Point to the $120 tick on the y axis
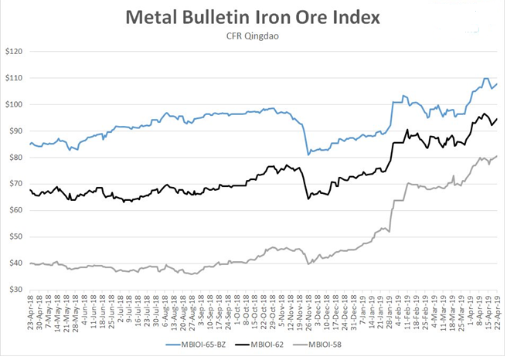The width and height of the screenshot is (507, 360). (14, 52)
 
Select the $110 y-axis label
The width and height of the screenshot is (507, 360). (14, 78)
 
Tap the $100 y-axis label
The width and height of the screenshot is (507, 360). (14, 104)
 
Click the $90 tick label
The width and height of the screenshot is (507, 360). (15, 131)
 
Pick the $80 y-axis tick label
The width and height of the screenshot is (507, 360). (15, 158)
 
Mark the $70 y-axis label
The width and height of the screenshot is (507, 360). (15, 184)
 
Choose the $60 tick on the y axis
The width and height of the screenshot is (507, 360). (15, 210)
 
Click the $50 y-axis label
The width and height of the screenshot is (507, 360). (15, 236)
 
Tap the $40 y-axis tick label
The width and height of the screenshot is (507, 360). (15, 263)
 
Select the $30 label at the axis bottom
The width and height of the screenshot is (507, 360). (15, 289)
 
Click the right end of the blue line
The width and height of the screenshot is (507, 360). (496, 84)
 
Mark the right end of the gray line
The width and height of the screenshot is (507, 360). (496, 156)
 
